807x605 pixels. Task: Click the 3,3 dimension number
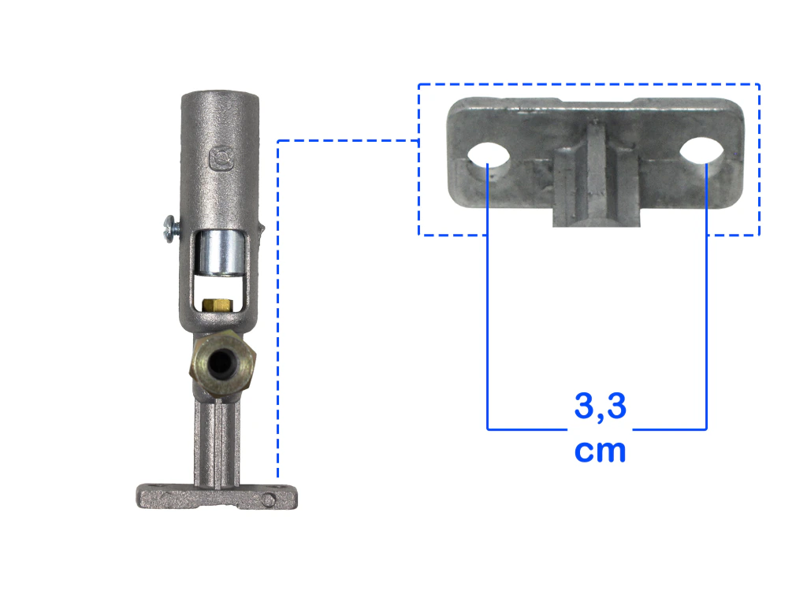coord(600,406)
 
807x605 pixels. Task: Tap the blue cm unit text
coord(600,451)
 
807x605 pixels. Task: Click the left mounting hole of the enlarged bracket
coord(488,154)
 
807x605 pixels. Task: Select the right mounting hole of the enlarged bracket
coord(701,150)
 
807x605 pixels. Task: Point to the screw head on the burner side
coord(169,229)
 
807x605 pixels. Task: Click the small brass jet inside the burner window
coord(217,306)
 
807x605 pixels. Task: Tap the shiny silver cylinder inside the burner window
coord(221,252)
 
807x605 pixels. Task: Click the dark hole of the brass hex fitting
coord(221,364)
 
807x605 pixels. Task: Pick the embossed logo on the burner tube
coord(221,159)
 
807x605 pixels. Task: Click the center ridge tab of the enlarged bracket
coord(597,174)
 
